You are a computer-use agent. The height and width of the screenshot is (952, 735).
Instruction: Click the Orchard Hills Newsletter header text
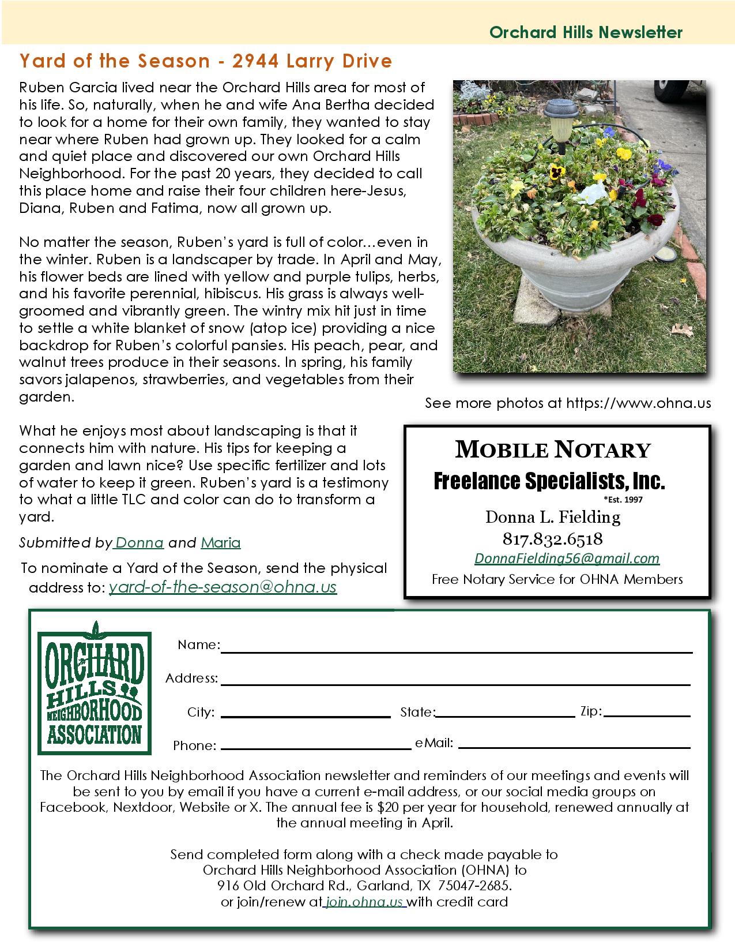tap(586, 32)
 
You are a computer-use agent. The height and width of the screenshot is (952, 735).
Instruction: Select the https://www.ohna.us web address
tap(639, 403)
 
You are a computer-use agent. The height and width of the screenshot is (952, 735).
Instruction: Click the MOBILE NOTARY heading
tap(553, 449)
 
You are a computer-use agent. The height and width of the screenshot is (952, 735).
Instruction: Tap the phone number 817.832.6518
tap(553, 539)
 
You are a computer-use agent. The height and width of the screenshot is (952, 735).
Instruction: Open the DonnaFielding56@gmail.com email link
tap(567, 559)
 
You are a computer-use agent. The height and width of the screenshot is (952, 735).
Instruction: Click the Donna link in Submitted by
tap(140, 543)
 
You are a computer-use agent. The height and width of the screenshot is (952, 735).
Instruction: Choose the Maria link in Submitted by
tap(221, 543)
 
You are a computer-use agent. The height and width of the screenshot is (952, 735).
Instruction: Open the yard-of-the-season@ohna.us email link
tap(223, 587)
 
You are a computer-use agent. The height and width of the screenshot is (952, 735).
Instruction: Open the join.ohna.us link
tap(364, 902)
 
